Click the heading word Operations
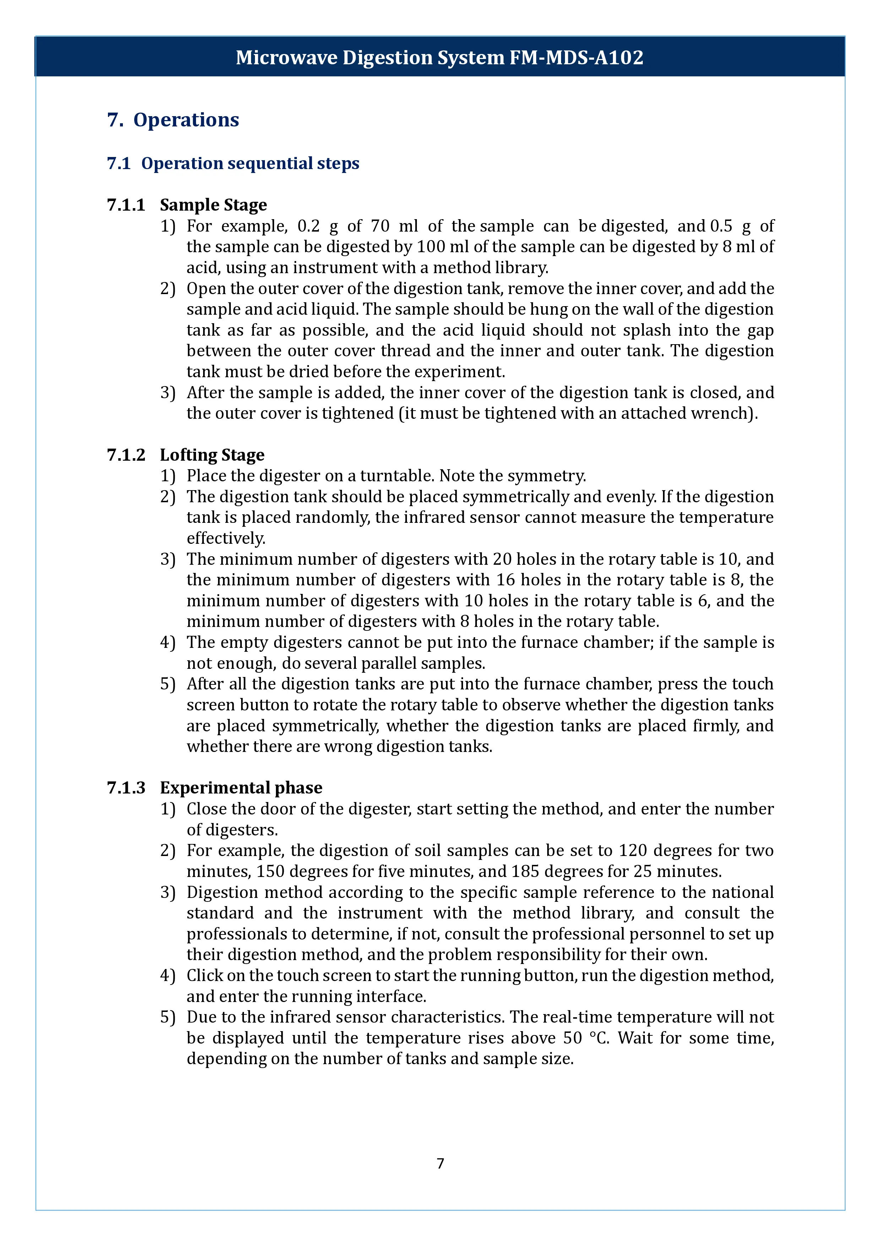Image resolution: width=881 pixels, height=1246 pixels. [x=186, y=120]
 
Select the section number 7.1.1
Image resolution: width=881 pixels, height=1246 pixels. [x=126, y=205]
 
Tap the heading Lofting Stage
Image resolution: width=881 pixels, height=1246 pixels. [x=212, y=455]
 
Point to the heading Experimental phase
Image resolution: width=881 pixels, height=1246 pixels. [x=241, y=787]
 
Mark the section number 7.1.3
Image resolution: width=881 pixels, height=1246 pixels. [x=126, y=787]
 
